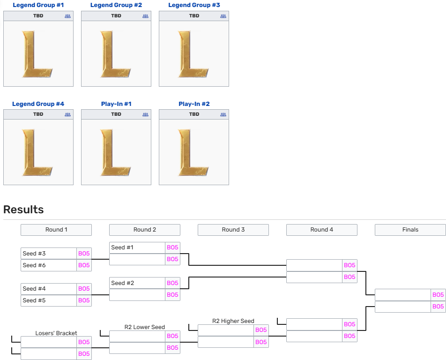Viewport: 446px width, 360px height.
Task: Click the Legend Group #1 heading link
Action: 38,5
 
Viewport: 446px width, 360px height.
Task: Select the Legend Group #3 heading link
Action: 194,5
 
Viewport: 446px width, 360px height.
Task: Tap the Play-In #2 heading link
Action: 194,104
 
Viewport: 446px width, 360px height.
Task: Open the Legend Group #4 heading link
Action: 38,104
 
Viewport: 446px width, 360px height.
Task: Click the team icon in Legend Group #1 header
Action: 67,16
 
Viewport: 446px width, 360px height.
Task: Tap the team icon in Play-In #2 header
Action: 223,114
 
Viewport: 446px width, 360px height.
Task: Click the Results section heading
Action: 23,210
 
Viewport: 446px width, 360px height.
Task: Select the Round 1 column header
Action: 56,230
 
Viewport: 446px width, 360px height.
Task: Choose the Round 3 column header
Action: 233,230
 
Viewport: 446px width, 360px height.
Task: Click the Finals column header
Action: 410,230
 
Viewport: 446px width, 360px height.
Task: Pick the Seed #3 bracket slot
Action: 49,254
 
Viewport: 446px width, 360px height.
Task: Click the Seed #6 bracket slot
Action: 49,265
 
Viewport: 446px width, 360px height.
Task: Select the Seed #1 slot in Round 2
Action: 137,247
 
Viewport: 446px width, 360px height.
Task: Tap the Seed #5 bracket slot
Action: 49,300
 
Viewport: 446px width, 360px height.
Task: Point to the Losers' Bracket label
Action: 56,333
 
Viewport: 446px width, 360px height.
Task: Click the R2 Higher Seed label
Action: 233,321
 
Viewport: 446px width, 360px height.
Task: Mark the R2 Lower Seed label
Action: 145,327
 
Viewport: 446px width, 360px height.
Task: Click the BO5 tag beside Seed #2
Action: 172,283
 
